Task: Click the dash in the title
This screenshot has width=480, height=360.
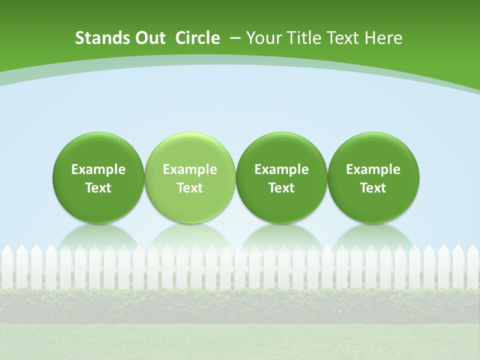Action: point(234,38)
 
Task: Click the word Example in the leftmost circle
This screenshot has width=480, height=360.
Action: point(98,169)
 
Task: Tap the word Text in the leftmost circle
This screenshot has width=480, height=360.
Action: point(98,188)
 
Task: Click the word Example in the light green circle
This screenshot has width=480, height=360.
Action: point(190,169)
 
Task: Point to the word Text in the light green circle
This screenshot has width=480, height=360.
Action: point(190,188)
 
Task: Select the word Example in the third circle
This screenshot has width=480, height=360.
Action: point(281,169)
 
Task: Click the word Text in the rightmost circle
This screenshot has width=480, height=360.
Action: point(373,188)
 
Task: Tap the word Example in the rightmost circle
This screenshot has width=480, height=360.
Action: point(373,169)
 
